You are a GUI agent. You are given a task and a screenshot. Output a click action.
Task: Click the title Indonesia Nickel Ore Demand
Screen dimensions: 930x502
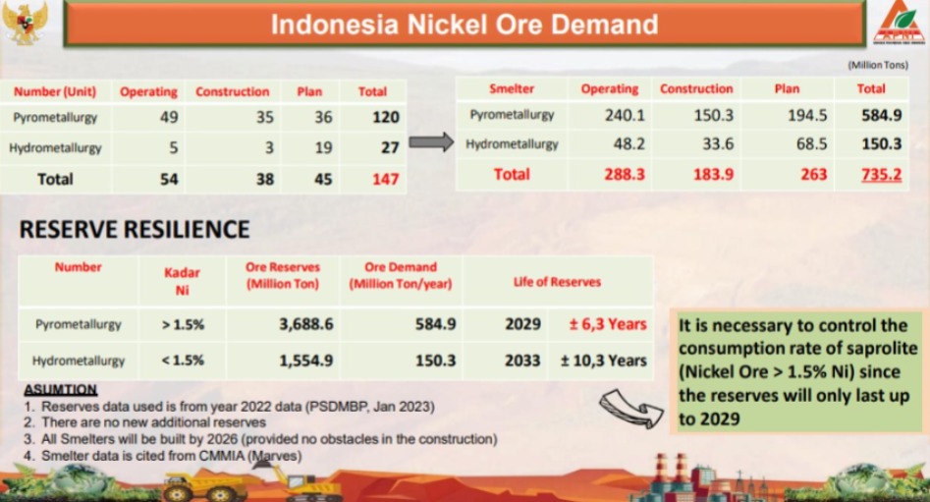click(465, 25)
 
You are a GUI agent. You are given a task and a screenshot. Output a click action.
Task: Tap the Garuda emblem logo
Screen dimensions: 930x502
click(25, 23)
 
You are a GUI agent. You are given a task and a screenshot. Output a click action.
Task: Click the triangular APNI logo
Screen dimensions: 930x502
click(899, 24)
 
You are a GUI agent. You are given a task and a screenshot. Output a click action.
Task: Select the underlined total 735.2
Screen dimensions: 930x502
click(881, 175)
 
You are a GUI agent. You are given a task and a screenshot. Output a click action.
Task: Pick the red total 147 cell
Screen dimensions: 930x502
click(386, 179)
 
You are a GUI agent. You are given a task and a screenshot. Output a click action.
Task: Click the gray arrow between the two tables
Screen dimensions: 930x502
click(431, 142)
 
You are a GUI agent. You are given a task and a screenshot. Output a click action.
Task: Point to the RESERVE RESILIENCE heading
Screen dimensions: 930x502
click(135, 230)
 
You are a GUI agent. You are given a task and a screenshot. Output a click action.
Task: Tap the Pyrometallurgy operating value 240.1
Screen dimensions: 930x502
click(625, 115)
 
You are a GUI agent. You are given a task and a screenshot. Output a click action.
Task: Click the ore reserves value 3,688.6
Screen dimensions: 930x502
click(306, 324)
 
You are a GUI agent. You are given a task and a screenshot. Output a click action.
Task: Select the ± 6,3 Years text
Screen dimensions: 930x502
click(608, 324)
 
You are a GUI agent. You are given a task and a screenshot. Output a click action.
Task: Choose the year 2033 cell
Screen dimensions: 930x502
click(522, 361)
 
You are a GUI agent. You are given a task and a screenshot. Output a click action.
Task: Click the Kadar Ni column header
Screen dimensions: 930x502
click(182, 281)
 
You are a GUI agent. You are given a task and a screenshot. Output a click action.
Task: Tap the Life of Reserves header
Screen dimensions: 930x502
click(557, 282)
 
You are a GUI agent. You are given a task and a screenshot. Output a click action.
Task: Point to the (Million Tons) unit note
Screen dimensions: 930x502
click(878, 65)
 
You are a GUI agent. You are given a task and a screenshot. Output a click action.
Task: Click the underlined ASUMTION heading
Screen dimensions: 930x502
click(61, 390)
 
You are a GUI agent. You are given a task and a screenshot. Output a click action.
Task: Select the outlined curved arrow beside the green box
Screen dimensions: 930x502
click(631, 409)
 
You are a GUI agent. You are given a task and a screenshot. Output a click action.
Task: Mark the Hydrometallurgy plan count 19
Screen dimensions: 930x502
click(323, 147)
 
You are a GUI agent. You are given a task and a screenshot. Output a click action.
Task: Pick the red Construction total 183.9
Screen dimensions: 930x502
click(713, 175)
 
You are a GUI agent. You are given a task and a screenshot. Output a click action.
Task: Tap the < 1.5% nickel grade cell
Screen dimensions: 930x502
click(182, 361)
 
